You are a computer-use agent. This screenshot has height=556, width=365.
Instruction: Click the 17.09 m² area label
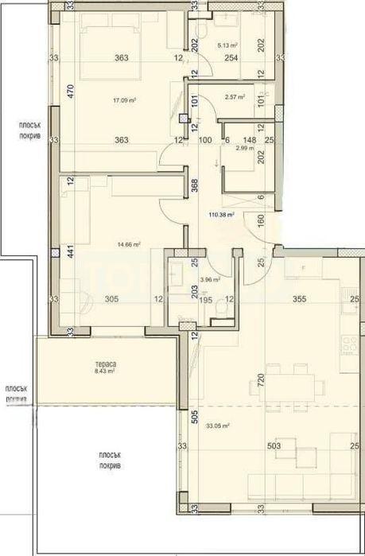(x=123, y=100)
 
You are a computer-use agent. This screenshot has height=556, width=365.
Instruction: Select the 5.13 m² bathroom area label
(x=229, y=45)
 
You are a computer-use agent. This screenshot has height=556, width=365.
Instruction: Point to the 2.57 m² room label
(x=234, y=97)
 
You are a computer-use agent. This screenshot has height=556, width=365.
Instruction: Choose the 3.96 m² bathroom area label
(x=210, y=279)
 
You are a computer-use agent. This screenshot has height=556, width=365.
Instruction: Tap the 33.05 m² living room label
(x=216, y=426)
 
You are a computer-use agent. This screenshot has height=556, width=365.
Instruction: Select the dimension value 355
(x=299, y=299)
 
